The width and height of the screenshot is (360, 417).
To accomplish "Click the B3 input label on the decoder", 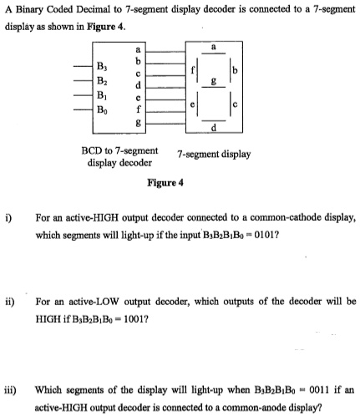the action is pyautogui.click(x=102, y=67).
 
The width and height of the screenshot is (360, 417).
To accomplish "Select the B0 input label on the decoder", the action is pyautogui.click(x=102, y=110).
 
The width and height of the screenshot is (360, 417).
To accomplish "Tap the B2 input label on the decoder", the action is pyautogui.click(x=102, y=81).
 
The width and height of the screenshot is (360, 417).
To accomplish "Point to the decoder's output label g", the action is pyautogui.click(x=138, y=122).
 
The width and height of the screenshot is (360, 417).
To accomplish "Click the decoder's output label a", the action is pyautogui.click(x=138, y=50).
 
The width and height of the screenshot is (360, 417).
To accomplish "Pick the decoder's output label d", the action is pyautogui.click(x=138, y=85).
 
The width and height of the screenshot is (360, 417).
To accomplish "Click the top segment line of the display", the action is pyautogui.click(x=213, y=53).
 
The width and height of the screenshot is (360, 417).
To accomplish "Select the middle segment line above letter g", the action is pyautogui.click(x=214, y=87).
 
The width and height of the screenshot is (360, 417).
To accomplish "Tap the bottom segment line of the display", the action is pyautogui.click(x=214, y=120).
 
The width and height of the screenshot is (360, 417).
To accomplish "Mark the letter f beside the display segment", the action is pyautogui.click(x=193, y=70).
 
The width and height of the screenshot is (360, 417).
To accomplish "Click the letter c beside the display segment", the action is pyautogui.click(x=236, y=104).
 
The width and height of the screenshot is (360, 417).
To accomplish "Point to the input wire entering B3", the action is pyautogui.click(x=83, y=67).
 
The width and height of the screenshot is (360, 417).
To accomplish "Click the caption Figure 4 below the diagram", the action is pyautogui.click(x=165, y=183).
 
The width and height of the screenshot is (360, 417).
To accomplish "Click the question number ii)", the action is pyautogui.click(x=11, y=302).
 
